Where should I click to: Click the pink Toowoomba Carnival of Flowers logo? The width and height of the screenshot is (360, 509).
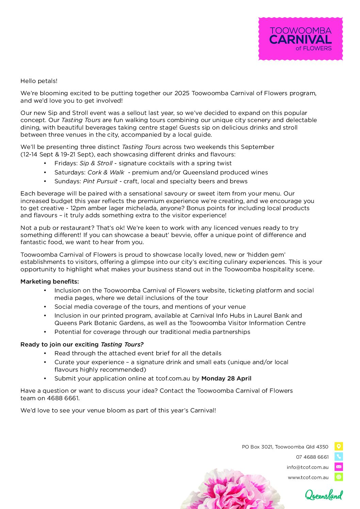[300, 39]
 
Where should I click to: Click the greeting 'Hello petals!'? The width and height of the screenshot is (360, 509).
[39, 81]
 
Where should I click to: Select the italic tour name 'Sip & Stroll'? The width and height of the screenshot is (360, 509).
[96, 163]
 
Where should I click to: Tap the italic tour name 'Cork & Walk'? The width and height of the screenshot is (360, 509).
[106, 172]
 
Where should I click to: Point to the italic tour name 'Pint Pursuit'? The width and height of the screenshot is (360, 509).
[100, 181]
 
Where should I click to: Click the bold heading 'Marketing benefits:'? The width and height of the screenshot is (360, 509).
[50, 282]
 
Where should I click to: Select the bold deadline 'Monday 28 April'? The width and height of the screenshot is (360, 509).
[226, 378]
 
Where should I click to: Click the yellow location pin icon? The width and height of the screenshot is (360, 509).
[339, 446]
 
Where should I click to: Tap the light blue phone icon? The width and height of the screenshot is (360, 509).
[339, 457]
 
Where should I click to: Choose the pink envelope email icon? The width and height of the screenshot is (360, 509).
[339, 467]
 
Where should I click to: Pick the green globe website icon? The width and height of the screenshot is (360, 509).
[339, 477]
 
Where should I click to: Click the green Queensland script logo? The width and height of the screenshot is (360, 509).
[324, 495]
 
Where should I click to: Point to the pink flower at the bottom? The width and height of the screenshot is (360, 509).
[231, 490]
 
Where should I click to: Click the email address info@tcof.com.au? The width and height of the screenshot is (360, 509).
[308, 467]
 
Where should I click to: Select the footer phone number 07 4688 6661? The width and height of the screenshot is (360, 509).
[312, 457]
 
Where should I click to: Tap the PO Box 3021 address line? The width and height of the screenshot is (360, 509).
[285, 447]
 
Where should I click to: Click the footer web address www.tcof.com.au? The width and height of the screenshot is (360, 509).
[308, 477]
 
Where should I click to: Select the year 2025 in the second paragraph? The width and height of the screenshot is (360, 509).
[182, 93]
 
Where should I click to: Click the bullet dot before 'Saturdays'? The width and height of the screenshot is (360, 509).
[45, 172]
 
